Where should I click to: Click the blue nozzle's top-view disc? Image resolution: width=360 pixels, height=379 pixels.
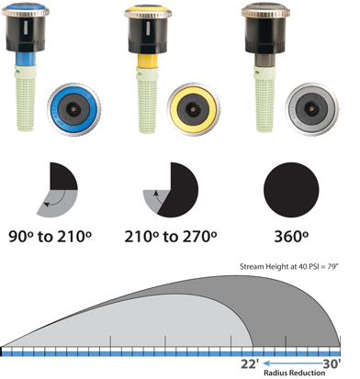[74, 109]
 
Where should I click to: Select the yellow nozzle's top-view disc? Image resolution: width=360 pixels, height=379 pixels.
[194, 109]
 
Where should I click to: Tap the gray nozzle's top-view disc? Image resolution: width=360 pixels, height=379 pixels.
[312, 109]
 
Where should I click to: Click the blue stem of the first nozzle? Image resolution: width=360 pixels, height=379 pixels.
[26, 59]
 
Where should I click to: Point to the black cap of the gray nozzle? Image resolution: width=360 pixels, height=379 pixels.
[265, 34]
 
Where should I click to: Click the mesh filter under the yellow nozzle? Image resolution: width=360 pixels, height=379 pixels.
[148, 100]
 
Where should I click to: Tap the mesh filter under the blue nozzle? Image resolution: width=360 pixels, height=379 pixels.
[26, 98]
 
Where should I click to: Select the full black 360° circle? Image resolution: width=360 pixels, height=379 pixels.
[291, 190]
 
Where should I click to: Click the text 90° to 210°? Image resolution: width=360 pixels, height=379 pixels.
[50, 237]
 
